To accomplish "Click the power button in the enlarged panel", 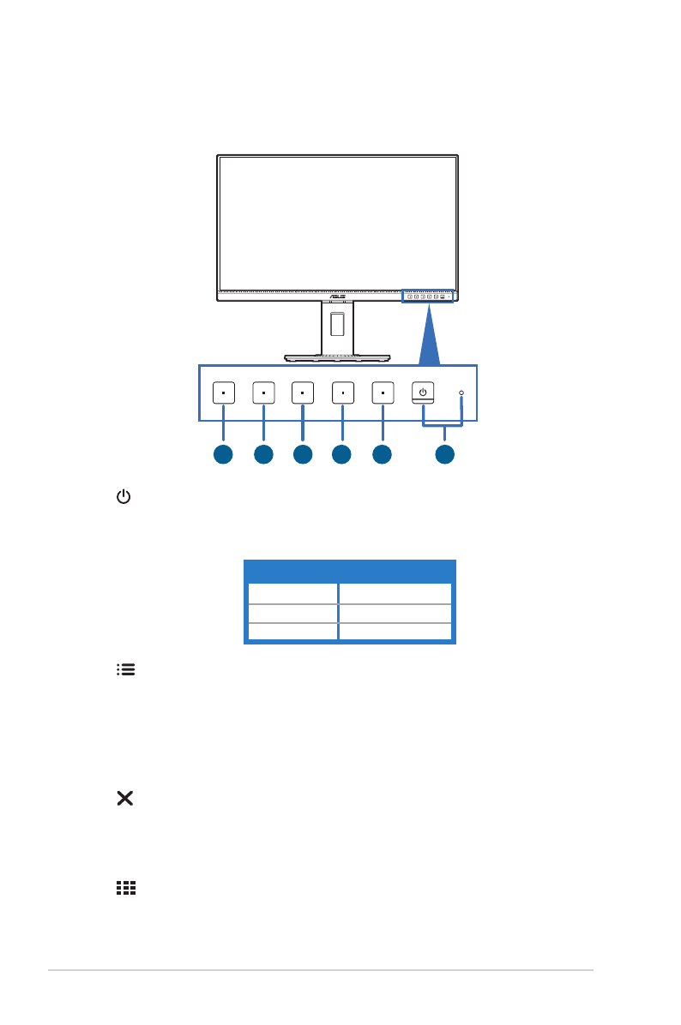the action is (x=422, y=393).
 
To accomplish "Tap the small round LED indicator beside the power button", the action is (x=461, y=393).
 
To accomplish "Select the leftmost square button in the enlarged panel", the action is (x=222, y=393).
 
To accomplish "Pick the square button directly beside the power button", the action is (x=383, y=393).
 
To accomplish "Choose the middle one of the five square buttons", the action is (x=303, y=393).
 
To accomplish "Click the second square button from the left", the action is (x=263, y=393).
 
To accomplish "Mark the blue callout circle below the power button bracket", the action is (x=443, y=455).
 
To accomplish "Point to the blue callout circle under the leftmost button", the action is (x=222, y=455).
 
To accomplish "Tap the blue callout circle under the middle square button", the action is (x=303, y=455).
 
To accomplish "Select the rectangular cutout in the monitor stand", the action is (x=337, y=323).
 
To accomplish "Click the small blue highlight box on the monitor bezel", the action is (x=428, y=296).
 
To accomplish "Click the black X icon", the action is (x=125, y=799).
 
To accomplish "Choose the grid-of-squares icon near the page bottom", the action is (x=125, y=890).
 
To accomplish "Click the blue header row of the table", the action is (x=350, y=571).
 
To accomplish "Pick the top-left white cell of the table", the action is (x=292, y=593).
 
